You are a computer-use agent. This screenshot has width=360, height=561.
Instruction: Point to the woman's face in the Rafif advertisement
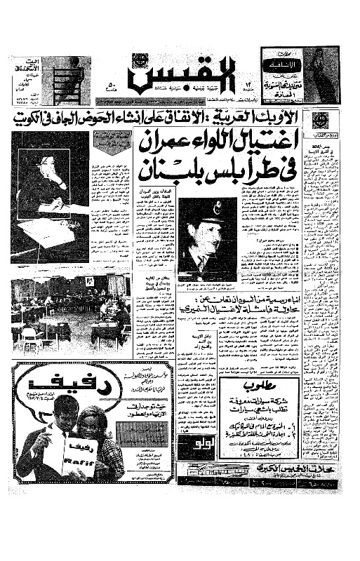(93, 424)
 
